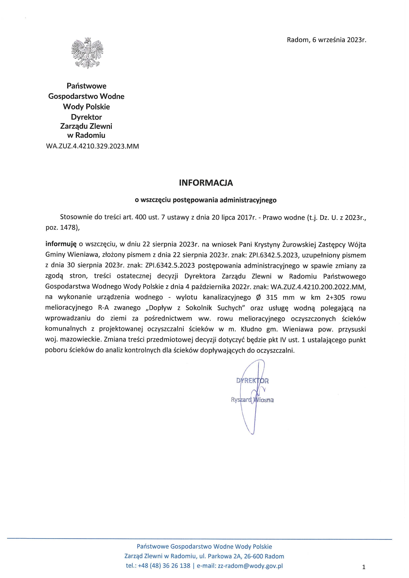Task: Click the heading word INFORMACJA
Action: (x=206, y=183)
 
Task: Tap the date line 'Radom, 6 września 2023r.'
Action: (x=326, y=40)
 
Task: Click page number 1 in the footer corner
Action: (x=363, y=567)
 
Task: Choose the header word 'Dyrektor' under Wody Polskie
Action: (x=86, y=117)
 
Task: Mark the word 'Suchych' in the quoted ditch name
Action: (x=231, y=308)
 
